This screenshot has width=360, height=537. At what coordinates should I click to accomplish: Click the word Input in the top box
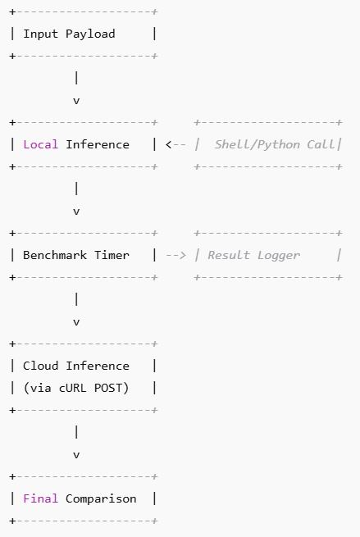pyautogui.click(x=40, y=34)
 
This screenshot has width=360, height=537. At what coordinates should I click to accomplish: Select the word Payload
pyautogui.click(x=90, y=34)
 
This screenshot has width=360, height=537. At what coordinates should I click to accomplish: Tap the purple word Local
pyautogui.click(x=40, y=144)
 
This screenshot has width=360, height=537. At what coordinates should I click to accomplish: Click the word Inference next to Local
pyautogui.click(x=98, y=144)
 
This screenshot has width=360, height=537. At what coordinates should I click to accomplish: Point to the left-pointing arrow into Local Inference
pyautogui.click(x=175, y=144)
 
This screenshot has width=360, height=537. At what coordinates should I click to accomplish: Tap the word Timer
pyautogui.click(x=112, y=255)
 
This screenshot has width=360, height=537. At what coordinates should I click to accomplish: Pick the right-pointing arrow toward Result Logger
pyautogui.click(x=175, y=255)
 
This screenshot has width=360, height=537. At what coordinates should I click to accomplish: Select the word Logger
pyautogui.click(x=279, y=255)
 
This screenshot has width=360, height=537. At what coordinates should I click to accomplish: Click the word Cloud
pyautogui.click(x=40, y=366)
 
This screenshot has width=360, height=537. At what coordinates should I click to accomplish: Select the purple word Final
pyautogui.click(x=40, y=498)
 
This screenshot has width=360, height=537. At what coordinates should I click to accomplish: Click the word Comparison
pyautogui.click(x=101, y=498)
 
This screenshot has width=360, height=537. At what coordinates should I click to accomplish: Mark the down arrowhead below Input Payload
pyautogui.click(x=76, y=101)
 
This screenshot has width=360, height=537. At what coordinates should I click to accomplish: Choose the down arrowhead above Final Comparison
pyautogui.click(x=76, y=455)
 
